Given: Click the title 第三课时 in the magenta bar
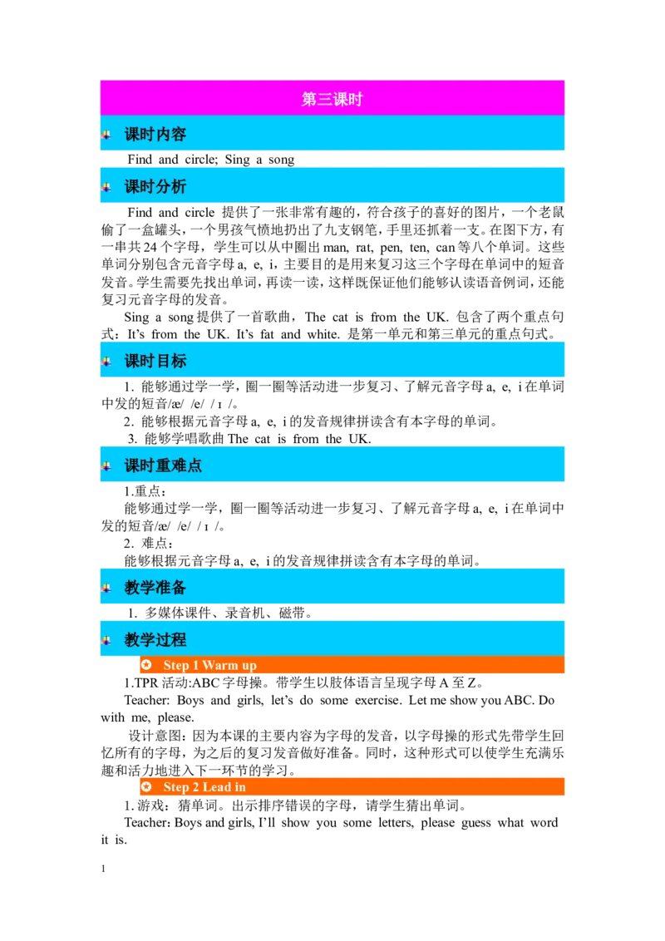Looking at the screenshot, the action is click(332, 100).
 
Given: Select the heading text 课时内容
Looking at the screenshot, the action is click(155, 135).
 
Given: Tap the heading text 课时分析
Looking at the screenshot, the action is click(155, 187).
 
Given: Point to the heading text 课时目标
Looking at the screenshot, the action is click(155, 361).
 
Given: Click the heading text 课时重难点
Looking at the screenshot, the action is click(163, 466).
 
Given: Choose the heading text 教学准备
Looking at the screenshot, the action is click(155, 588).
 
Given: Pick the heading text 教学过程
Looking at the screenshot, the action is click(155, 640).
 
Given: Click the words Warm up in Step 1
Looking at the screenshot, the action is click(229, 665).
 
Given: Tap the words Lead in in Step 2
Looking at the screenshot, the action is click(224, 787).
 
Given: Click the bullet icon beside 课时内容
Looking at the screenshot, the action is click(106, 135).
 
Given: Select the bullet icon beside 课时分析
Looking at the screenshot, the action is click(106, 187).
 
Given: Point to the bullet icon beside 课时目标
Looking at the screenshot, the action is click(106, 361).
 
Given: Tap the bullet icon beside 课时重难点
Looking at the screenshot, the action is click(106, 466).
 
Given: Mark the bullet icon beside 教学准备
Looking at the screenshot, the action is click(106, 588).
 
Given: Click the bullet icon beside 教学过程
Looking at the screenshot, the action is click(106, 640).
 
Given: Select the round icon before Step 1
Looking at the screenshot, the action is click(146, 665).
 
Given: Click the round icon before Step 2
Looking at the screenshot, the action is click(146, 787).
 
